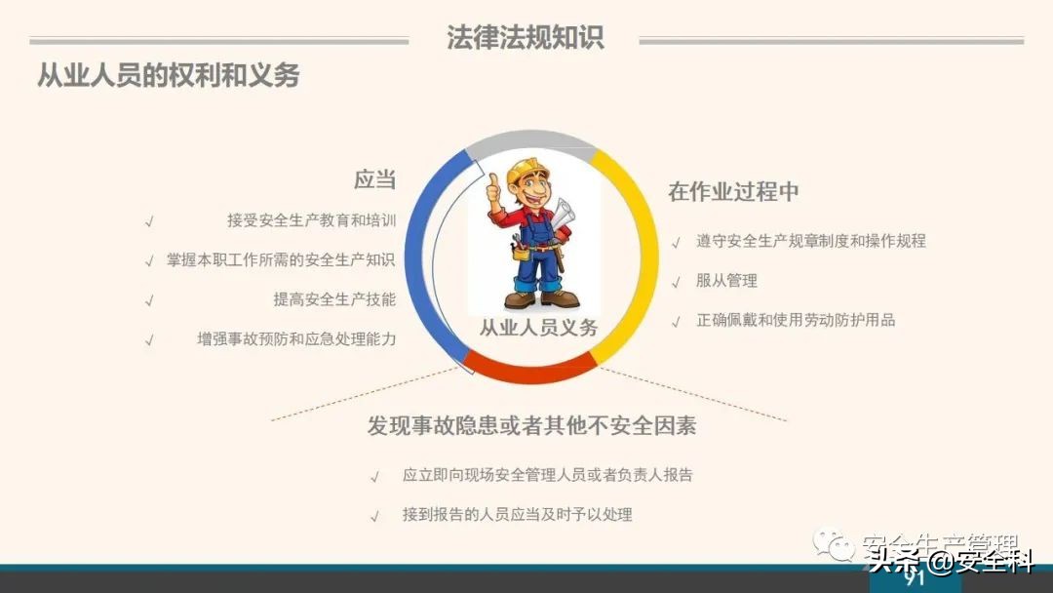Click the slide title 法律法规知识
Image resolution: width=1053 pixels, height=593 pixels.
(x=525, y=37)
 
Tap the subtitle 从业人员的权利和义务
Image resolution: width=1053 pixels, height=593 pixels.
(x=168, y=75)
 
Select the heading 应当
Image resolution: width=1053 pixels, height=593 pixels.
(x=374, y=179)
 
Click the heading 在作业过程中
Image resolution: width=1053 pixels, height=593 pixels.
(x=733, y=191)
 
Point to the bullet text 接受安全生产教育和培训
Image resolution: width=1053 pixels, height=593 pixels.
(x=311, y=220)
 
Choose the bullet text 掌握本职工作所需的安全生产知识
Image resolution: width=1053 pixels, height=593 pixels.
(x=281, y=260)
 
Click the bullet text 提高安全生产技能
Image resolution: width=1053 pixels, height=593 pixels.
(x=334, y=300)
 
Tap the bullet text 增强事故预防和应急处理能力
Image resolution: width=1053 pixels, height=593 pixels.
(x=296, y=340)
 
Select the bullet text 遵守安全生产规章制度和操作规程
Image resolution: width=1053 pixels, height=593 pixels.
(x=811, y=241)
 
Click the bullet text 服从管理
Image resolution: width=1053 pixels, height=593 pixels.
(x=726, y=281)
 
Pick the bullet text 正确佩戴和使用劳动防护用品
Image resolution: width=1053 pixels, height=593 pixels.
(x=796, y=320)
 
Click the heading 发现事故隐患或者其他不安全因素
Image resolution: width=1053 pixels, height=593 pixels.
(x=531, y=426)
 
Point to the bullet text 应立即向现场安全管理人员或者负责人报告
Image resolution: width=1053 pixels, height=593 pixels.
(x=547, y=476)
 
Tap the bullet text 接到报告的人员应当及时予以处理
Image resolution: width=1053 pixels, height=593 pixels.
(x=517, y=515)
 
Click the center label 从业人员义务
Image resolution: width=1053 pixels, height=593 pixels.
(x=538, y=329)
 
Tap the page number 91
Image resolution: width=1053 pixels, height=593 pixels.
(x=914, y=578)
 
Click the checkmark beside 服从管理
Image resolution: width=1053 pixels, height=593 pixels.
(x=676, y=282)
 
